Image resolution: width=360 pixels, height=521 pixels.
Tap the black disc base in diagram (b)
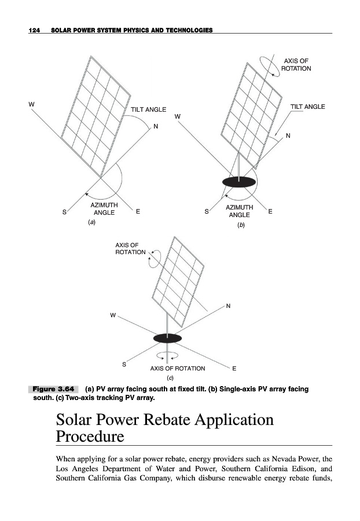pos(238,182)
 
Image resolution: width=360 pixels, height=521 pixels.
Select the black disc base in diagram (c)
pos(167,338)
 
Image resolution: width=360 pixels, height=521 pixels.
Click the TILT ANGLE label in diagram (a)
pos(149,109)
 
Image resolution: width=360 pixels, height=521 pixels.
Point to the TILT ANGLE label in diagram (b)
pos(307,107)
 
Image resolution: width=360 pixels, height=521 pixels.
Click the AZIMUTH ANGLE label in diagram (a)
pos(104,209)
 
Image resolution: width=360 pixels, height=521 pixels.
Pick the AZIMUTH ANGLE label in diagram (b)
pos(239,211)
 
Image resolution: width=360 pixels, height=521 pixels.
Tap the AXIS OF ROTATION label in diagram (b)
pos(296,64)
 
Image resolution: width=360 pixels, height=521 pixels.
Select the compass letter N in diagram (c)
pos(229,306)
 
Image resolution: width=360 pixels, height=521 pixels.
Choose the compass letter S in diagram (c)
pos(123,364)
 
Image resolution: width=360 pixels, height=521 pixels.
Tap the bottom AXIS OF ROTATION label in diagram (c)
pos(177,368)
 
